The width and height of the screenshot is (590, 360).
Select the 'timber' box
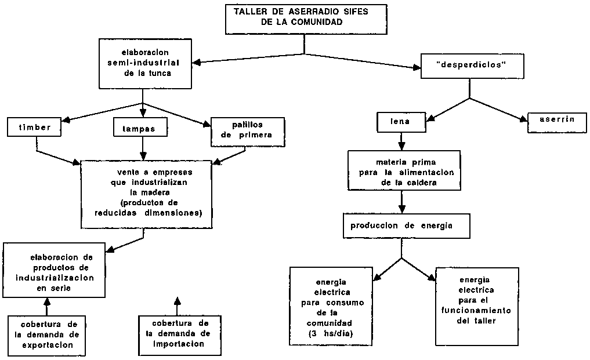35,127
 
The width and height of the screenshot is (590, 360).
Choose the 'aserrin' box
556,119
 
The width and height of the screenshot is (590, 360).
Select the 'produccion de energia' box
404,227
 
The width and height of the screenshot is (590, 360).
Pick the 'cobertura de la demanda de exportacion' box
47,335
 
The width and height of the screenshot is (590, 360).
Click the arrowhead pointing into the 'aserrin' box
523,121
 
